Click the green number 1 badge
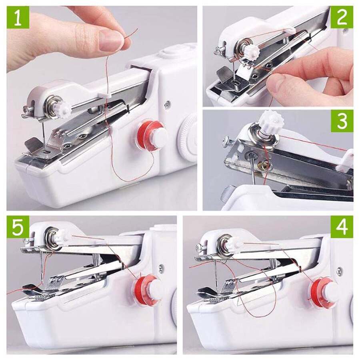18,18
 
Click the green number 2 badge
342,17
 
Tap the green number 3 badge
342,121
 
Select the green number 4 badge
342,227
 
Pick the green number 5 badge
18,227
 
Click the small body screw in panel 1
167,105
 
